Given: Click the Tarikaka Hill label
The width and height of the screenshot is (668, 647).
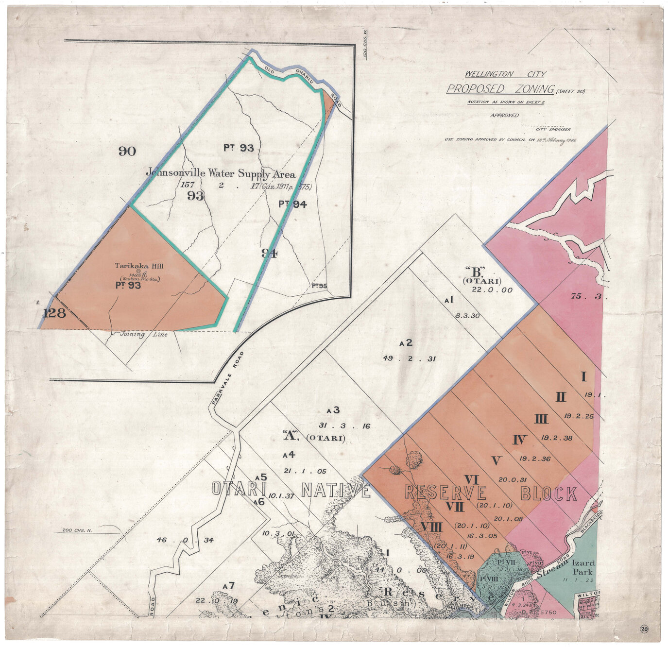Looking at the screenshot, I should [139, 266].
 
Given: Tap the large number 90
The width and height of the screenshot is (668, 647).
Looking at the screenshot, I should [127, 151].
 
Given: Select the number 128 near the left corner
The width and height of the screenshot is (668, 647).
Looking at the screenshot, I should [54, 313].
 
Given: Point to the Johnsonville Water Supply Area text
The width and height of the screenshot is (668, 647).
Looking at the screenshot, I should [221, 173].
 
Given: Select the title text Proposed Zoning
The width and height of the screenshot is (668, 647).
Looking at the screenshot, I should [500, 89].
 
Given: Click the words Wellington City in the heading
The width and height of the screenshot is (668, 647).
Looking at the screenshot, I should [505, 74].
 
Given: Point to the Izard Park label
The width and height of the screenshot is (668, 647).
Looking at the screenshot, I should [583, 567].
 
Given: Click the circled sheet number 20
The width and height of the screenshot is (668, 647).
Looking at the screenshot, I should [644, 629].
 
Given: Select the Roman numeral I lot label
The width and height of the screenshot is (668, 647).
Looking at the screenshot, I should [583, 377].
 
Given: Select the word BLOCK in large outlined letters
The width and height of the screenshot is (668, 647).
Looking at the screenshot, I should [549, 494].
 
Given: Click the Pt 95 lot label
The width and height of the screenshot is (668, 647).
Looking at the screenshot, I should [319, 286].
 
